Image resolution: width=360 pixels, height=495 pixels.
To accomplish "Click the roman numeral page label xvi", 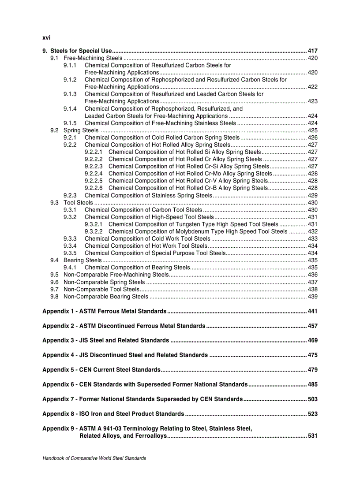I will pos(46,37).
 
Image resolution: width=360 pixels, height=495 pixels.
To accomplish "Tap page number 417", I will pos(312,51).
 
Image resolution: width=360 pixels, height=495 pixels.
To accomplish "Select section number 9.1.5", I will pos(70,123).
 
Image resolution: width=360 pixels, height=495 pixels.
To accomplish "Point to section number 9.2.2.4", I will pos(94,174).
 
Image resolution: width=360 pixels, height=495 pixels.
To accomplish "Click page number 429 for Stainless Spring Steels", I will pos(312,195).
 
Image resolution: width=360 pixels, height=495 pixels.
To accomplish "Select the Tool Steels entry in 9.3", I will pos(78,203).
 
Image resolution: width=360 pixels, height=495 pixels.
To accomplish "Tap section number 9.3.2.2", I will pos(94,231).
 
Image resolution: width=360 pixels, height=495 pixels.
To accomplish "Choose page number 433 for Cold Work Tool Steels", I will pos(312,238).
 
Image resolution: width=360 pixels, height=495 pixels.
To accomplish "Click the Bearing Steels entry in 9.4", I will pos(82,260).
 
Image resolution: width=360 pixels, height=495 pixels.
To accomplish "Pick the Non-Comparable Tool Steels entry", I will pos(101,289).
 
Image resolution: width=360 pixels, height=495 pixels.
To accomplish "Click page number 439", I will pos(312,296).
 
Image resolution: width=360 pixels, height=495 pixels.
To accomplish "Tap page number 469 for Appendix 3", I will pos(312,340).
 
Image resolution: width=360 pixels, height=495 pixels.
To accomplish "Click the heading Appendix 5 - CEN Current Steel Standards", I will pos(101,369).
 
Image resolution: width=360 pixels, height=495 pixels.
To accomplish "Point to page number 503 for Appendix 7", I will pos(312,399).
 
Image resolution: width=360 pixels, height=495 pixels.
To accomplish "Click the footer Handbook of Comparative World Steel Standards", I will pos(94,458).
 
